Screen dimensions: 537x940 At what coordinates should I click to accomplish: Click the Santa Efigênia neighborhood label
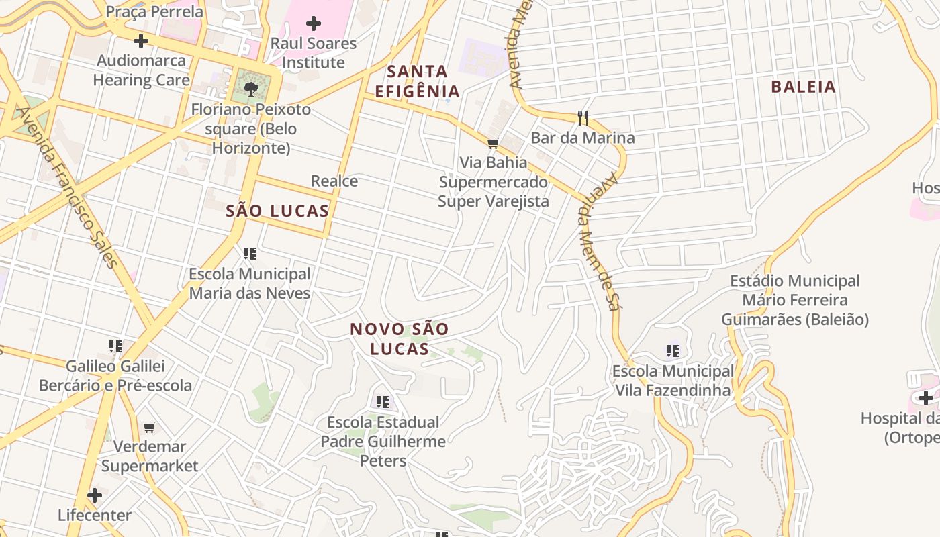(x=417, y=81)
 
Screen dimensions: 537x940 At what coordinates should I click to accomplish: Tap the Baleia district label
(x=803, y=87)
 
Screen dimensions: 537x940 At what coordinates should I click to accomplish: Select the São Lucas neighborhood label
(x=277, y=211)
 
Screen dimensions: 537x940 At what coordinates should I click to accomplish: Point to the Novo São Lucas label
(x=399, y=339)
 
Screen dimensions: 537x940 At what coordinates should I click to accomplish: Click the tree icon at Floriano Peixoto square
(x=251, y=88)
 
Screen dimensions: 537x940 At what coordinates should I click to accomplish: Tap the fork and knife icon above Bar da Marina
(x=582, y=118)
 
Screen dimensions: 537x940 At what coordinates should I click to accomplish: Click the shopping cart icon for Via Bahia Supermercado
(x=493, y=143)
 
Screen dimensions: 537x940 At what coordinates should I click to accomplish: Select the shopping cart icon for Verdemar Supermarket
(x=150, y=428)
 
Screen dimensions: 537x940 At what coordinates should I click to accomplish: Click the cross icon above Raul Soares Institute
(x=313, y=23)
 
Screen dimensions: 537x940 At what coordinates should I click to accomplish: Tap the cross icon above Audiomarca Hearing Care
(x=140, y=41)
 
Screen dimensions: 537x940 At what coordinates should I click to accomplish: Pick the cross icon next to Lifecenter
(x=95, y=496)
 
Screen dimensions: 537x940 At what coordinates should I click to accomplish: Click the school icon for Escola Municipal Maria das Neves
(x=250, y=254)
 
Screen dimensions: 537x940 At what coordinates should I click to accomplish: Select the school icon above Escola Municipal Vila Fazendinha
(x=673, y=350)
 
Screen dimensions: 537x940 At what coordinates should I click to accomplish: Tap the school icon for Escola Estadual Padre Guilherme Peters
(x=383, y=402)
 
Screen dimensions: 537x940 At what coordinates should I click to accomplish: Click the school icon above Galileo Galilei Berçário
(x=115, y=346)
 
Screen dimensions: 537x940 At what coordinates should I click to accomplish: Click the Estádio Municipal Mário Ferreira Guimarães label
(x=795, y=300)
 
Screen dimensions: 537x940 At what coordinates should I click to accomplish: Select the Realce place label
(x=334, y=181)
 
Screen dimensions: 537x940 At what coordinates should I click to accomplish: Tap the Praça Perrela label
(x=154, y=11)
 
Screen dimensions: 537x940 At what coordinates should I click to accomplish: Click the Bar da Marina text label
(x=582, y=138)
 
